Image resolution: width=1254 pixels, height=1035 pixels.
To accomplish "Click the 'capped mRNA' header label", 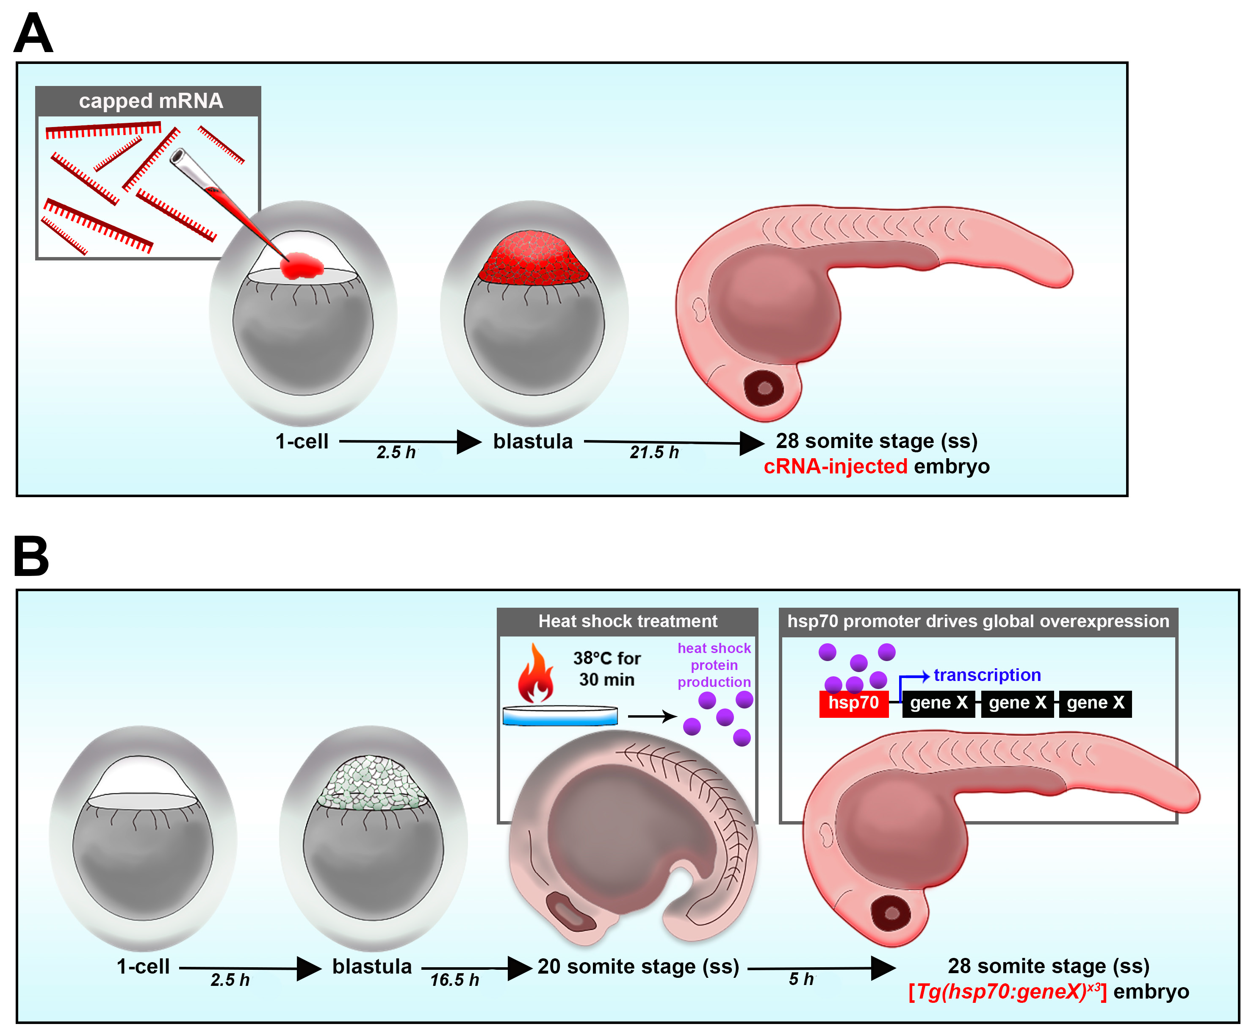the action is (151, 101).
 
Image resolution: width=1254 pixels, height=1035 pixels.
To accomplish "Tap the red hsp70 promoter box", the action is (853, 703).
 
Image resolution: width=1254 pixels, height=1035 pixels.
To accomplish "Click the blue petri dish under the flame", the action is (560, 715).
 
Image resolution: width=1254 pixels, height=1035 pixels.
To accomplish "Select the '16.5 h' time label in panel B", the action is (454, 980).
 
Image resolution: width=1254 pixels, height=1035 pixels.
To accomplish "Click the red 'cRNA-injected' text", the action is (836, 466).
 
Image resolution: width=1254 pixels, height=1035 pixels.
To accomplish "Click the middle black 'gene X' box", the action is (1017, 703).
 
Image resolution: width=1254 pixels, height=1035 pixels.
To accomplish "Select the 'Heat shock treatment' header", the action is (628, 621).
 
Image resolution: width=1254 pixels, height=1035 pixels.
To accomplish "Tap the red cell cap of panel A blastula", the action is (534, 257).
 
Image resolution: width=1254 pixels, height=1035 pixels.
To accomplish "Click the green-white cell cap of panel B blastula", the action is (373, 782).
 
